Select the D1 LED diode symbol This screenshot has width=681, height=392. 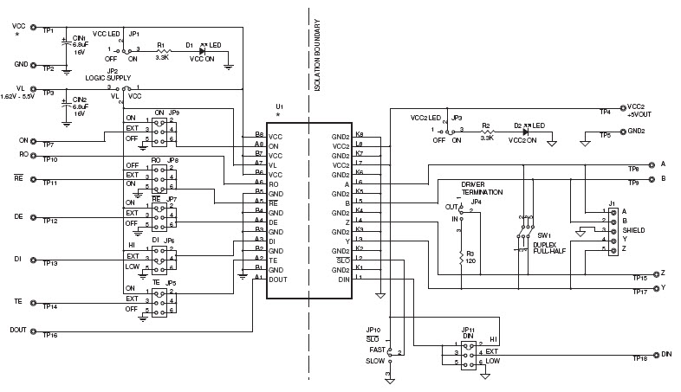[x=191, y=51]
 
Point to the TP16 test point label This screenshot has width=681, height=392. [x=49, y=335]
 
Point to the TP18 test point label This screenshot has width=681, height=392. [x=640, y=358]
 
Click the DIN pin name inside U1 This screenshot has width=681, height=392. [x=343, y=279]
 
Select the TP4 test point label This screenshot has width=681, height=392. [x=605, y=112]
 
